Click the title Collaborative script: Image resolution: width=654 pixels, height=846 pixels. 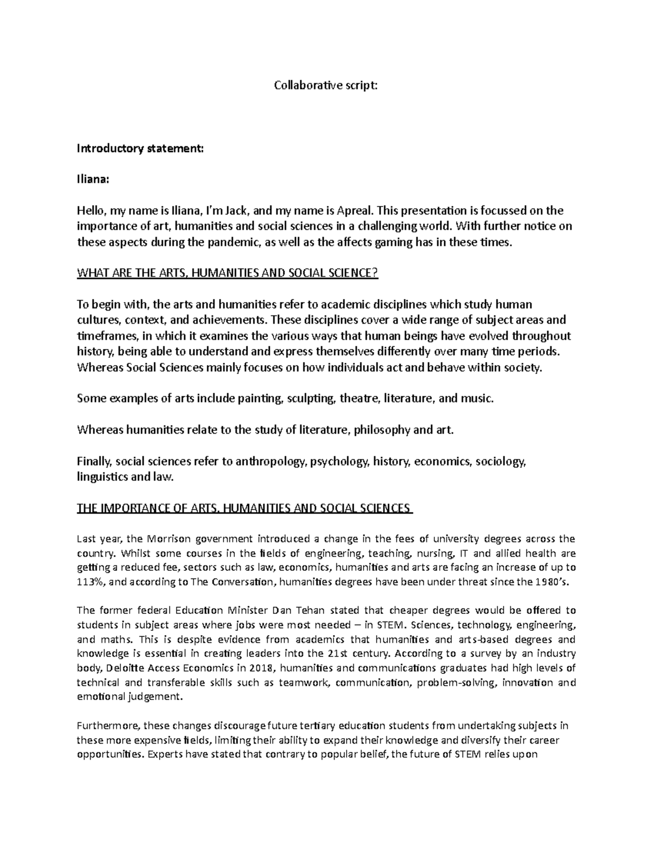tap(325, 86)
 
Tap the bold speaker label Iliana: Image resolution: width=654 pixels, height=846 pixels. tap(93, 179)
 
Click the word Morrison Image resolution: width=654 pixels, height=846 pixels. tap(167, 539)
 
